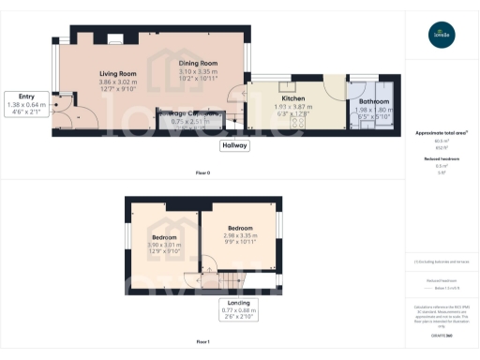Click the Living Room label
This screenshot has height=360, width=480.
point(118,73)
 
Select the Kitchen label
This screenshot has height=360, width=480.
point(293,97)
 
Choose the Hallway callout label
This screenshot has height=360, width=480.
point(234,145)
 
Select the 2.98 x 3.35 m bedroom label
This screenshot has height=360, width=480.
point(239,228)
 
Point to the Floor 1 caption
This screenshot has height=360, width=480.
point(202,342)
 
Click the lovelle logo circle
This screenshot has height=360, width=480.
point(441,36)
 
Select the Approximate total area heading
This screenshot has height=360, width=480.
point(441,133)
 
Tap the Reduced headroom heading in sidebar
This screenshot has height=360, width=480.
point(441,159)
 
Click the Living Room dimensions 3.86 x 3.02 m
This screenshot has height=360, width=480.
point(118,86)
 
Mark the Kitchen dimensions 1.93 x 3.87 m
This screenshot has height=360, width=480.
point(293,110)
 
